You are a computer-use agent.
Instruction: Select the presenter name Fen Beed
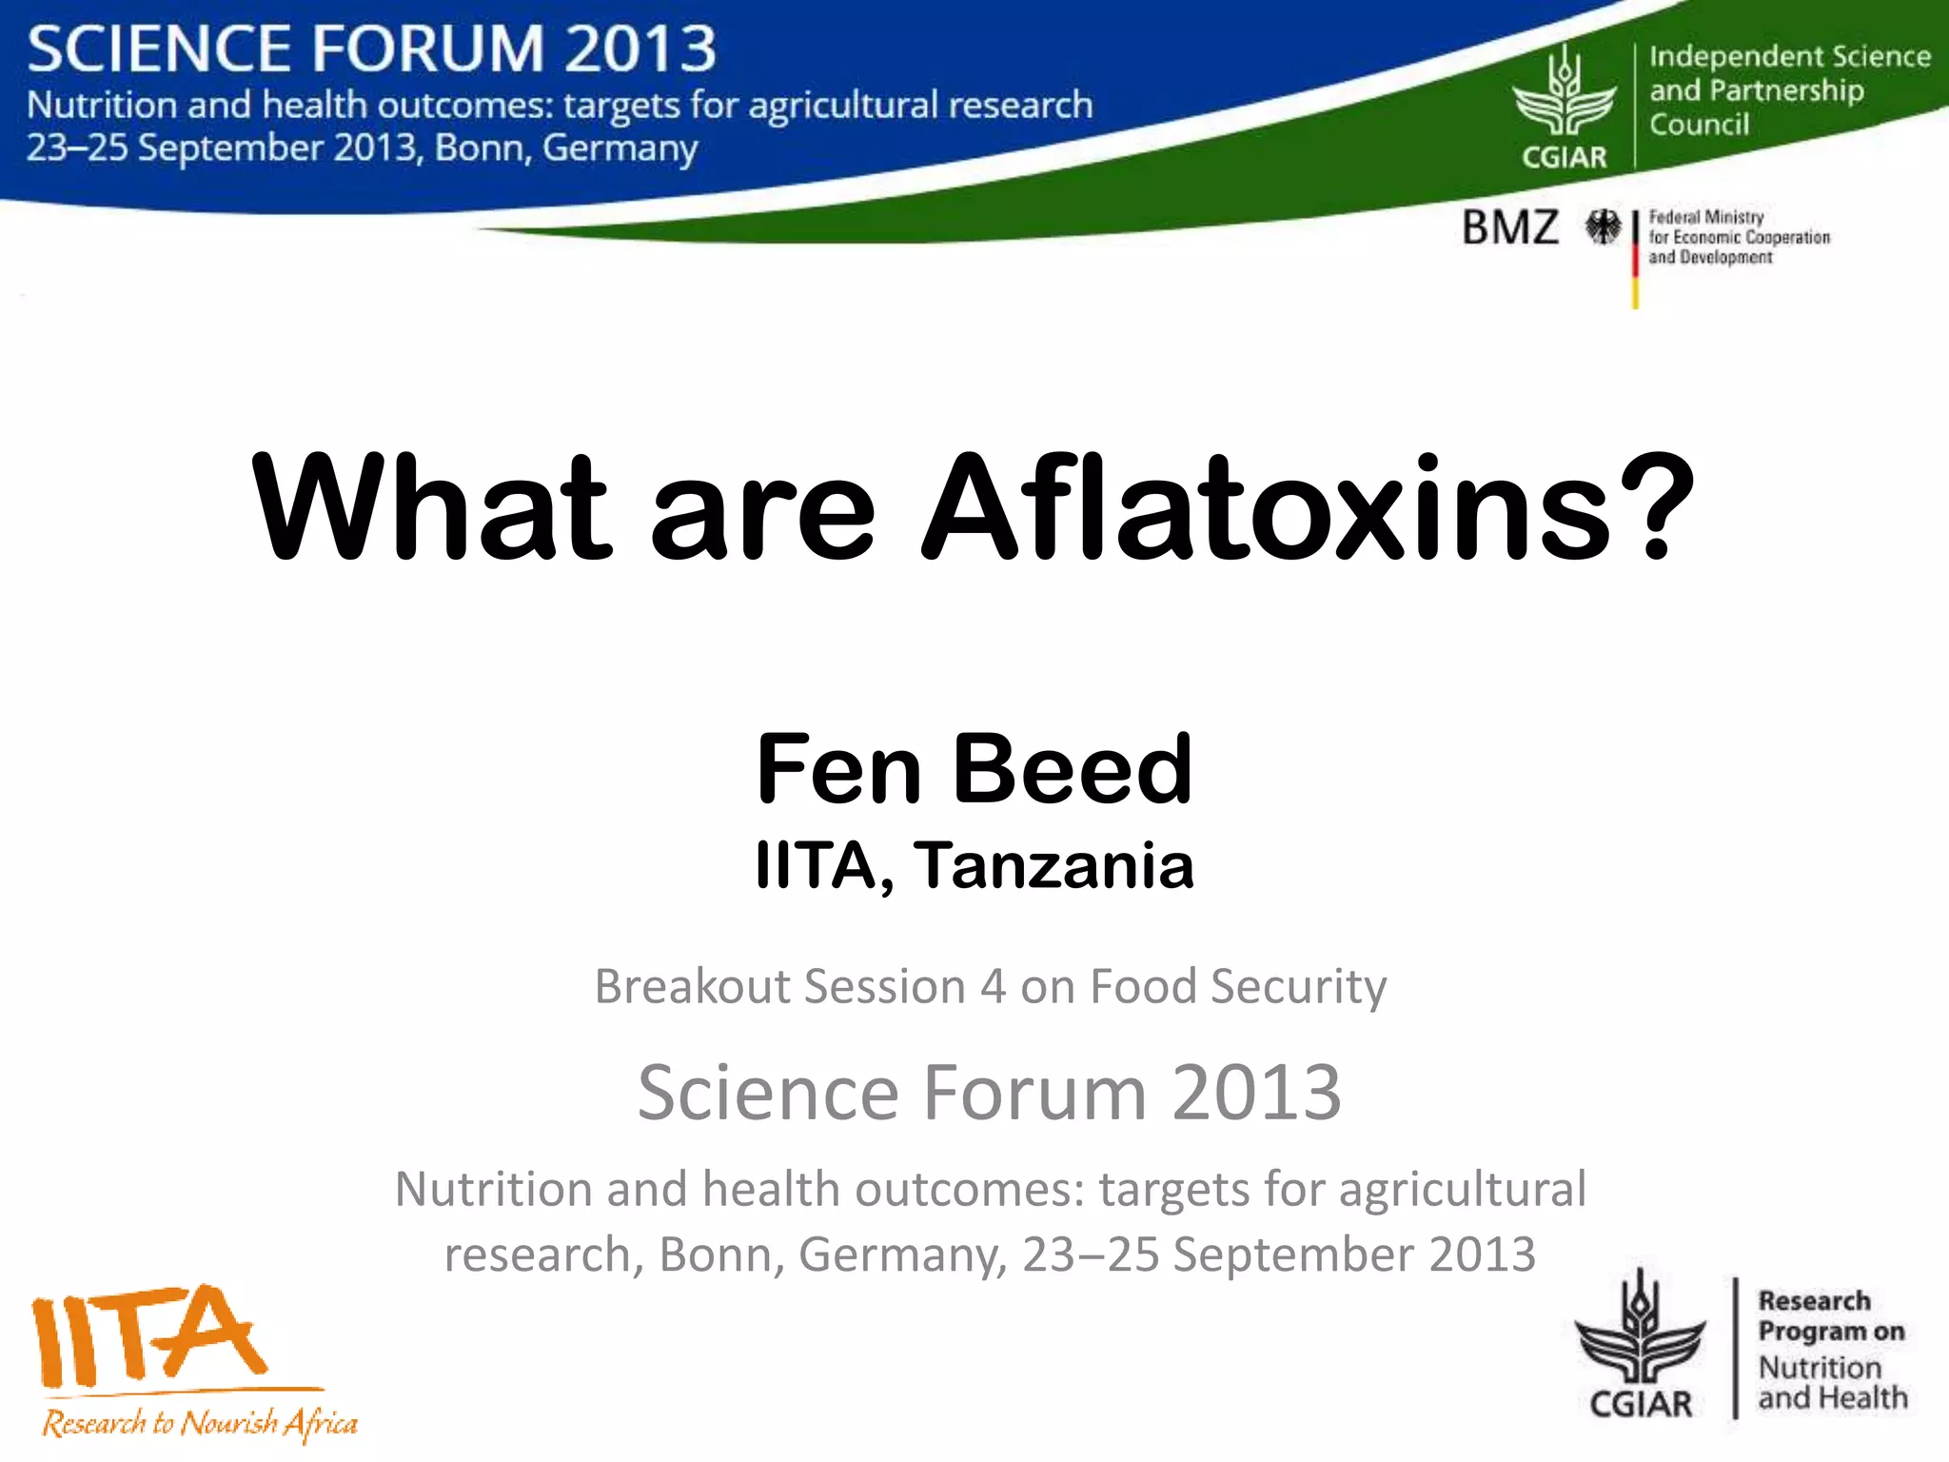(974, 769)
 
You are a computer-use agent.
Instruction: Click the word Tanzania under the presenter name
(1053, 866)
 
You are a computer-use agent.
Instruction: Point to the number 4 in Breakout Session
(993, 986)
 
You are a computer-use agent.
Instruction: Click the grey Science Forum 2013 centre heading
(989, 1093)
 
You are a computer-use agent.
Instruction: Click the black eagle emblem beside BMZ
(1603, 227)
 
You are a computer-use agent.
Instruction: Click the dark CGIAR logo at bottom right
(1640, 1347)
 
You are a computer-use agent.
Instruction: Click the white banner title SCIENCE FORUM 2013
(371, 49)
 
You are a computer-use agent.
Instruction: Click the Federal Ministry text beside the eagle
(1738, 237)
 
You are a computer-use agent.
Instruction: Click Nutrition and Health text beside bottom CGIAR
(1831, 1383)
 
